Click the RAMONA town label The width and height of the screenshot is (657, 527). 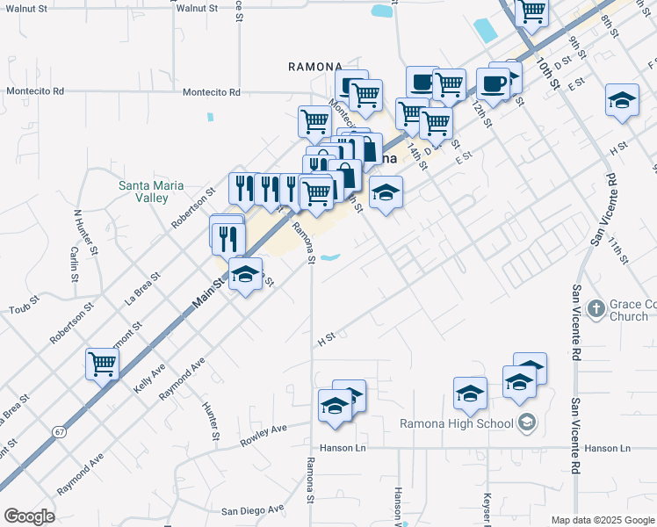315,67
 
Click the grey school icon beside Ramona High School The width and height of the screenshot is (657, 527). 527,424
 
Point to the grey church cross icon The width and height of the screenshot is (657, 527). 596,307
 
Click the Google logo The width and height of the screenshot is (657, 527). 29,516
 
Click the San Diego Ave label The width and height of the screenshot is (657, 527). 252,509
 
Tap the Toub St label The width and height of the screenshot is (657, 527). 25,309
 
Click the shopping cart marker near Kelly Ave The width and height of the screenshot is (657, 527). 102,363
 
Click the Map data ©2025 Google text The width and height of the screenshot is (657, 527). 602,520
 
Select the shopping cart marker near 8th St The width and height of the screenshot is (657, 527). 531,11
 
